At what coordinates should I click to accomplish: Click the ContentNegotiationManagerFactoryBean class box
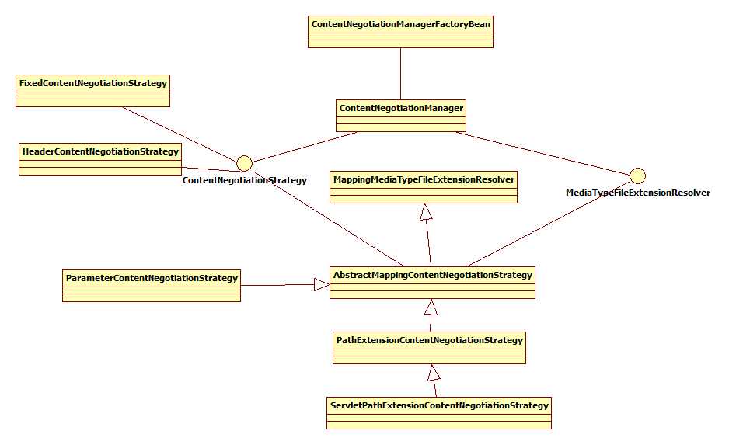pos(400,32)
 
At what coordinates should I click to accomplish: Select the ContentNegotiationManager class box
pos(402,116)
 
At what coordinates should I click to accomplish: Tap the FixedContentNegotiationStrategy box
pos(92,90)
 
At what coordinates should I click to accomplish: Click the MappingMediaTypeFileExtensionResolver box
pos(424,187)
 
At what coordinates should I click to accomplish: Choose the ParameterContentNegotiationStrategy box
pos(152,285)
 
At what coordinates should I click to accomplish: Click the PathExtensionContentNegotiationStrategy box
pos(429,347)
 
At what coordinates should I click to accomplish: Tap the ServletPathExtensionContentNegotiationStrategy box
pos(439,412)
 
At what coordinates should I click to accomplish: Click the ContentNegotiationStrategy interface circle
pos(244,163)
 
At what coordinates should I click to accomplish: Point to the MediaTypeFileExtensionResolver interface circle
pos(638,176)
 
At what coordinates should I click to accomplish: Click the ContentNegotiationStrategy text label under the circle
pos(244,180)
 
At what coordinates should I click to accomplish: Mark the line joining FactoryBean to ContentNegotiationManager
pos(400,74)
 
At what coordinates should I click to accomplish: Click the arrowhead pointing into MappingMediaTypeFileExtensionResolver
pos(424,211)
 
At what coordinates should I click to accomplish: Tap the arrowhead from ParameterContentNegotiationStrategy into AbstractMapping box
pos(321,285)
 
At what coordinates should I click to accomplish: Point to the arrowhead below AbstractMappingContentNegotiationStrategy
pos(431,307)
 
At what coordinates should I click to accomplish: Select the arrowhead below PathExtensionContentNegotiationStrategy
pos(434,373)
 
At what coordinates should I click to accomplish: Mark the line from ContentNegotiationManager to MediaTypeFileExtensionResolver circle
pos(544,153)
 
